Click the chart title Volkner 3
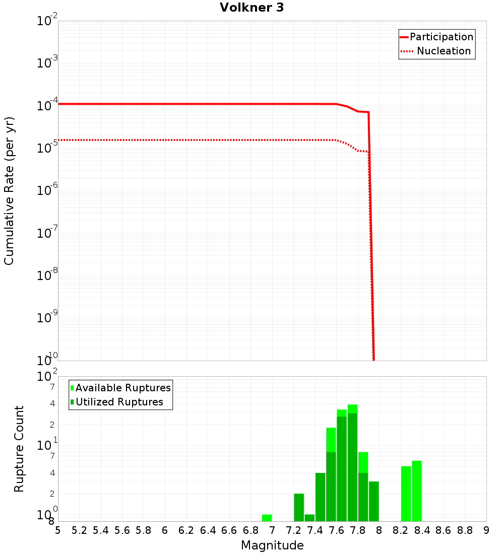click(251, 8)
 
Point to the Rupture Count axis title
click(19, 449)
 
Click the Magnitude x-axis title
click(272, 545)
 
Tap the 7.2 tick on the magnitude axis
click(293, 530)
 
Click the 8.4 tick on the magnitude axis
click(422, 530)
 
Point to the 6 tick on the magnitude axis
click(165, 530)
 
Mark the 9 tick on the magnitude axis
click(486, 530)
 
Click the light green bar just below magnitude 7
click(267, 518)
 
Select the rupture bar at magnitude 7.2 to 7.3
click(299, 507)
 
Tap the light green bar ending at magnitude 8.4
click(416, 491)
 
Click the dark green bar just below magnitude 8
click(373, 501)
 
